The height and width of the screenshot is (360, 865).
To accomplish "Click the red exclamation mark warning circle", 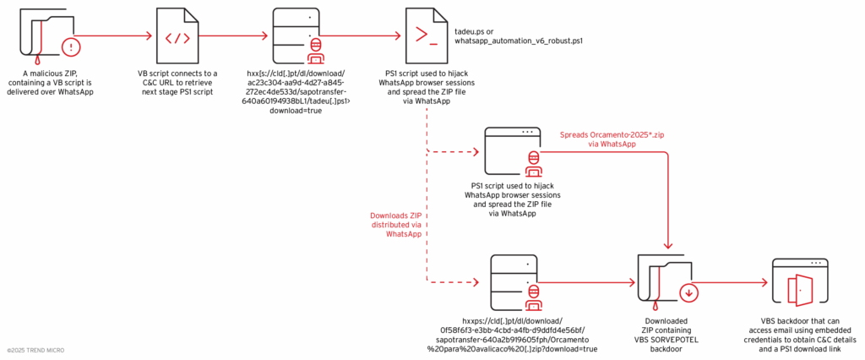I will pyautogui.click(x=73, y=46).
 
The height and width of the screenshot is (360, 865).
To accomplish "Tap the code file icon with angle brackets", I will pyautogui.click(x=177, y=37).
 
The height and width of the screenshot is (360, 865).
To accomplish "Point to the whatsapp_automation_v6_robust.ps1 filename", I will pyautogui.click(x=519, y=41).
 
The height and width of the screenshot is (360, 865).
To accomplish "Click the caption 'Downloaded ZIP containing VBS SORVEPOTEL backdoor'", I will pyautogui.click(x=665, y=335).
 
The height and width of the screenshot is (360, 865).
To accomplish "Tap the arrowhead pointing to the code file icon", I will pyautogui.click(x=153, y=36).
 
